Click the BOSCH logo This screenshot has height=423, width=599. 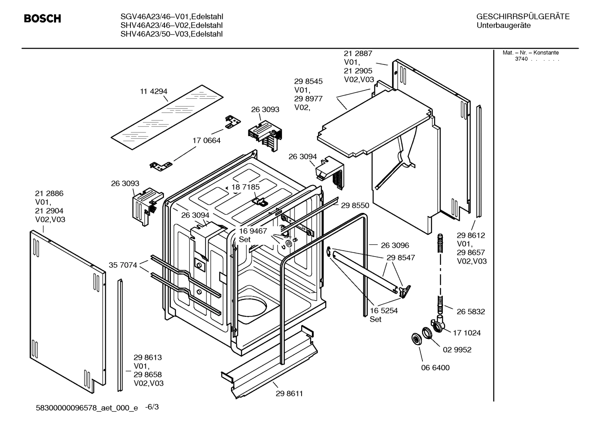pos(42,19)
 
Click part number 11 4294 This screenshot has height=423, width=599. pos(154,91)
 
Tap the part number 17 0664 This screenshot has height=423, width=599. pos(206,141)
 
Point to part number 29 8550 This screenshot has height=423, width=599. pos(355,205)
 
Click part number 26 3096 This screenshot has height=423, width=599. pos(395,245)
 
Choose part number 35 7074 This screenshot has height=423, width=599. pos(123,265)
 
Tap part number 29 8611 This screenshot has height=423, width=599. pos(289,394)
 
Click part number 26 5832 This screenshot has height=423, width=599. pos(471,312)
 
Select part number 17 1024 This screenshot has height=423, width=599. pos(466,333)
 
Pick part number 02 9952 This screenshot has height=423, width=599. pos(457,350)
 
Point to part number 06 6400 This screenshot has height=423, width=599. pos(435,368)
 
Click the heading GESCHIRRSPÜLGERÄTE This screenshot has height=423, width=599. pos(523,17)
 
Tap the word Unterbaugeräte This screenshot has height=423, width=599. pos(503,26)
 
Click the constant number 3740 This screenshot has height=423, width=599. pos(521,59)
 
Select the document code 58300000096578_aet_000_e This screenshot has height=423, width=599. pos(87,408)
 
